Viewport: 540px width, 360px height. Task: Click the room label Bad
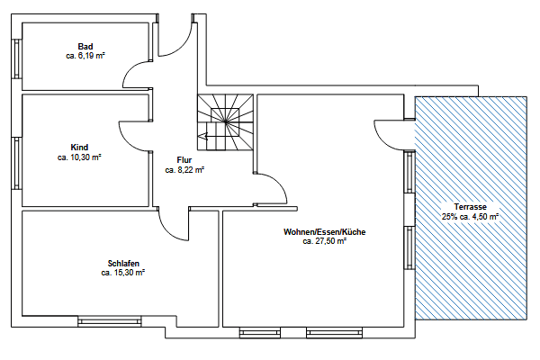tap(85, 47)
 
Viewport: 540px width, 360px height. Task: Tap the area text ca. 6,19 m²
tap(85, 56)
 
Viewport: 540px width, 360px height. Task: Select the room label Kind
tap(79, 147)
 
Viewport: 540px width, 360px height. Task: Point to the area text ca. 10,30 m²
tap(79, 157)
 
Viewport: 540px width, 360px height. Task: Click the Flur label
tap(184, 159)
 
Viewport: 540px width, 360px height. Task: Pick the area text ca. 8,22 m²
tap(184, 169)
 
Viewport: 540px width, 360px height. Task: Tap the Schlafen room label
tap(123, 263)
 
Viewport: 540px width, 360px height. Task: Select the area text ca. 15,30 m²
tap(123, 272)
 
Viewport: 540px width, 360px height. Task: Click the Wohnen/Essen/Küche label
tap(325, 232)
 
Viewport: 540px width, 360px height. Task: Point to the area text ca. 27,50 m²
tap(325, 241)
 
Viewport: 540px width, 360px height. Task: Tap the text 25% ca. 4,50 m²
tap(470, 217)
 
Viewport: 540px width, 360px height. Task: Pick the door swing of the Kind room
tap(135, 135)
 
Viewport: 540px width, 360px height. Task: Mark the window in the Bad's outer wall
tap(16, 59)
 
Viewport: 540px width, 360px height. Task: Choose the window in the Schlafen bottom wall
tap(109, 319)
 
